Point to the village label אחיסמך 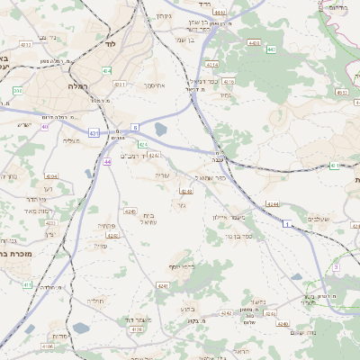tap(158, 85)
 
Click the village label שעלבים tap(319, 220)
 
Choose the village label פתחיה tap(105, 226)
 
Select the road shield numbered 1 tap(287, 223)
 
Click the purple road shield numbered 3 tap(335, 266)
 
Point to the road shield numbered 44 tap(107, 161)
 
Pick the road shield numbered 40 tap(44, 127)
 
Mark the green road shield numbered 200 tap(17, 91)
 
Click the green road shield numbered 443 tap(272, 49)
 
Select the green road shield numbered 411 tap(27, 284)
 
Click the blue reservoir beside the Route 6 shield tap(160, 129)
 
